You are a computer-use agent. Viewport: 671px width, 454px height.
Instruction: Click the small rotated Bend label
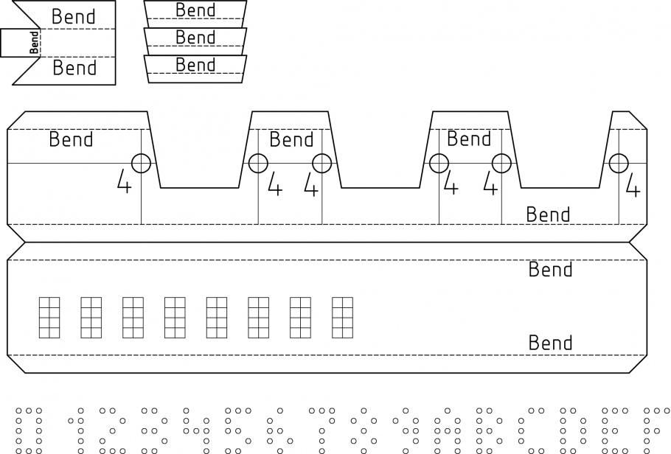(x=34, y=42)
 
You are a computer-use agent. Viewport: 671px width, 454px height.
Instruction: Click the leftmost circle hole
(x=141, y=163)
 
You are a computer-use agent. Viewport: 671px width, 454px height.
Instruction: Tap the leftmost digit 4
(x=125, y=182)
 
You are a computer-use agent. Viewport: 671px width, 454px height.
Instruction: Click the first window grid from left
(x=49, y=318)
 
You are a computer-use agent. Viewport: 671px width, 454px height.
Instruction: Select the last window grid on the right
(x=343, y=318)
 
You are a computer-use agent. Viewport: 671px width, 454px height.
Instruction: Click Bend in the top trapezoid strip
(x=195, y=10)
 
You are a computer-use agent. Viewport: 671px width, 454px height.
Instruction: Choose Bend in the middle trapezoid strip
(x=195, y=38)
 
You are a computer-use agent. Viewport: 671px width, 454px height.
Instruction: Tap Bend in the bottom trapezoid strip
(x=195, y=65)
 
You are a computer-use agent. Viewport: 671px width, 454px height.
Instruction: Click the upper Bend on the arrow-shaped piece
(x=74, y=16)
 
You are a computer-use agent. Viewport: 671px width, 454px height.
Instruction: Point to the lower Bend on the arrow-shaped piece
(x=74, y=69)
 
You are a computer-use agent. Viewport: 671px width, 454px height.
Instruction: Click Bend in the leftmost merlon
(x=71, y=139)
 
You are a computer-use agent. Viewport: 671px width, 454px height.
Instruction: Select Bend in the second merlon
(x=291, y=139)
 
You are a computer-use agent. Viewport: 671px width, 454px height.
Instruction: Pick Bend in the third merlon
(x=469, y=139)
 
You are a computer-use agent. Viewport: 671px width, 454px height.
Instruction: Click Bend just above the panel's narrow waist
(x=548, y=215)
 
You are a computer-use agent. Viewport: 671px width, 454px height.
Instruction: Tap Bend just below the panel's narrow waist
(x=550, y=270)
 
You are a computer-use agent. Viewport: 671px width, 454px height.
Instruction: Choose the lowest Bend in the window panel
(x=550, y=343)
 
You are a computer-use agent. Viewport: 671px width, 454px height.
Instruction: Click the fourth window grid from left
(x=175, y=318)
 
